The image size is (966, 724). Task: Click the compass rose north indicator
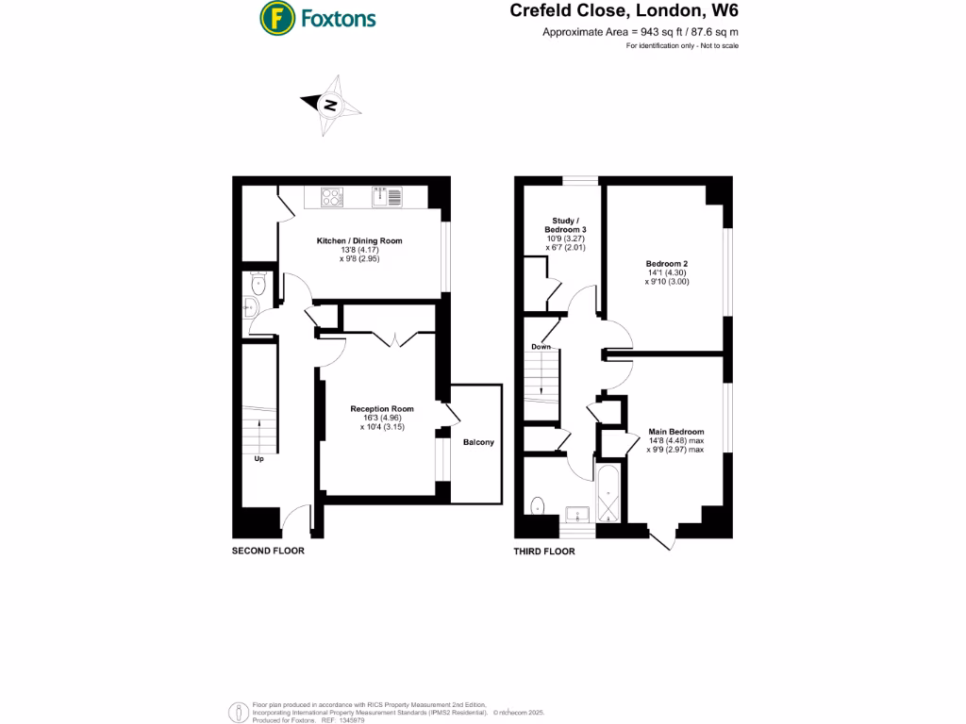point(330,105)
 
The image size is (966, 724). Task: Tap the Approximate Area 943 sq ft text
point(640,32)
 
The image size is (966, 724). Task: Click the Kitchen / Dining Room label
point(358,241)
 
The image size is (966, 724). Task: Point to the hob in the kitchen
point(332,197)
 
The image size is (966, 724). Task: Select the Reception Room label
point(376,409)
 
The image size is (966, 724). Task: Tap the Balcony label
point(477,442)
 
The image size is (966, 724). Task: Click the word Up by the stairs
point(258,460)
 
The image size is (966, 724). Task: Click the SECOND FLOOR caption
point(268,551)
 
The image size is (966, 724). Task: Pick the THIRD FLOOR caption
point(543,551)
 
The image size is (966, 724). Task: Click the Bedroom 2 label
point(667,264)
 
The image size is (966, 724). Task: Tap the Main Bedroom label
point(675,432)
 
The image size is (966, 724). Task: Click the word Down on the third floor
point(541,347)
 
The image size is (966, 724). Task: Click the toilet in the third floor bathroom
point(538,506)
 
